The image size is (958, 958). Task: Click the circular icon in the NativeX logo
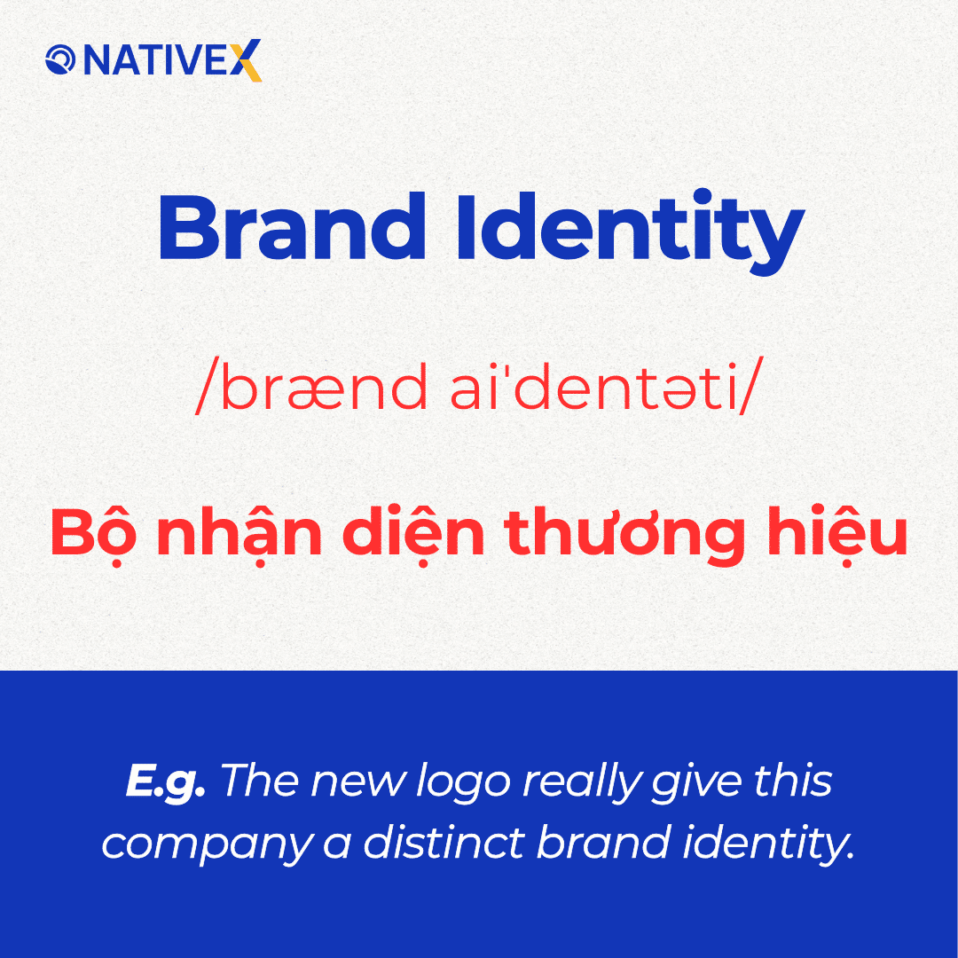pos(61,60)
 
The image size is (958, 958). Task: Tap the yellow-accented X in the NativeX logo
pos(249,60)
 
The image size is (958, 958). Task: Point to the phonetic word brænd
pos(310,391)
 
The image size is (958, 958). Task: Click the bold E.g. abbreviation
pos(166,782)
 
